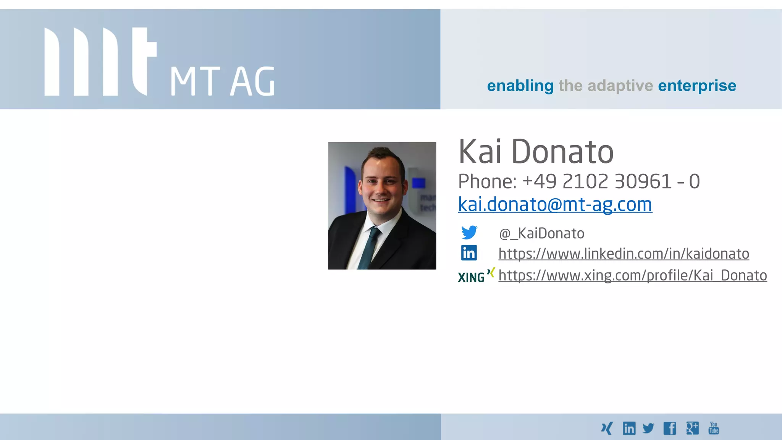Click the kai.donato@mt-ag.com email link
coord(555,204)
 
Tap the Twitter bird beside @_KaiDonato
coord(469,232)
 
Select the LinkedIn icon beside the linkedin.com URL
coord(469,253)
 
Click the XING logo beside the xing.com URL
coord(476,275)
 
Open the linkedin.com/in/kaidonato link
coord(624,254)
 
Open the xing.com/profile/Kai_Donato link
coord(632,276)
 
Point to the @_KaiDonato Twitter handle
coord(541,233)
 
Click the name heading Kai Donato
coord(536,152)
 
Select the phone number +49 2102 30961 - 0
coord(611,181)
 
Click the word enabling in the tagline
coord(520,86)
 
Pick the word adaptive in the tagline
coord(620,86)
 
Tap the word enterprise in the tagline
coord(697,86)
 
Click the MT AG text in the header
coord(222,81)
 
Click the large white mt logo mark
coord(100,61)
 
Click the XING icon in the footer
coord(607,429)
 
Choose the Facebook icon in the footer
coord(669,429)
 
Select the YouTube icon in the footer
coord(713,428)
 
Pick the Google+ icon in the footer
coord(692,428)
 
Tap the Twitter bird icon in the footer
coord(648,428)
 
